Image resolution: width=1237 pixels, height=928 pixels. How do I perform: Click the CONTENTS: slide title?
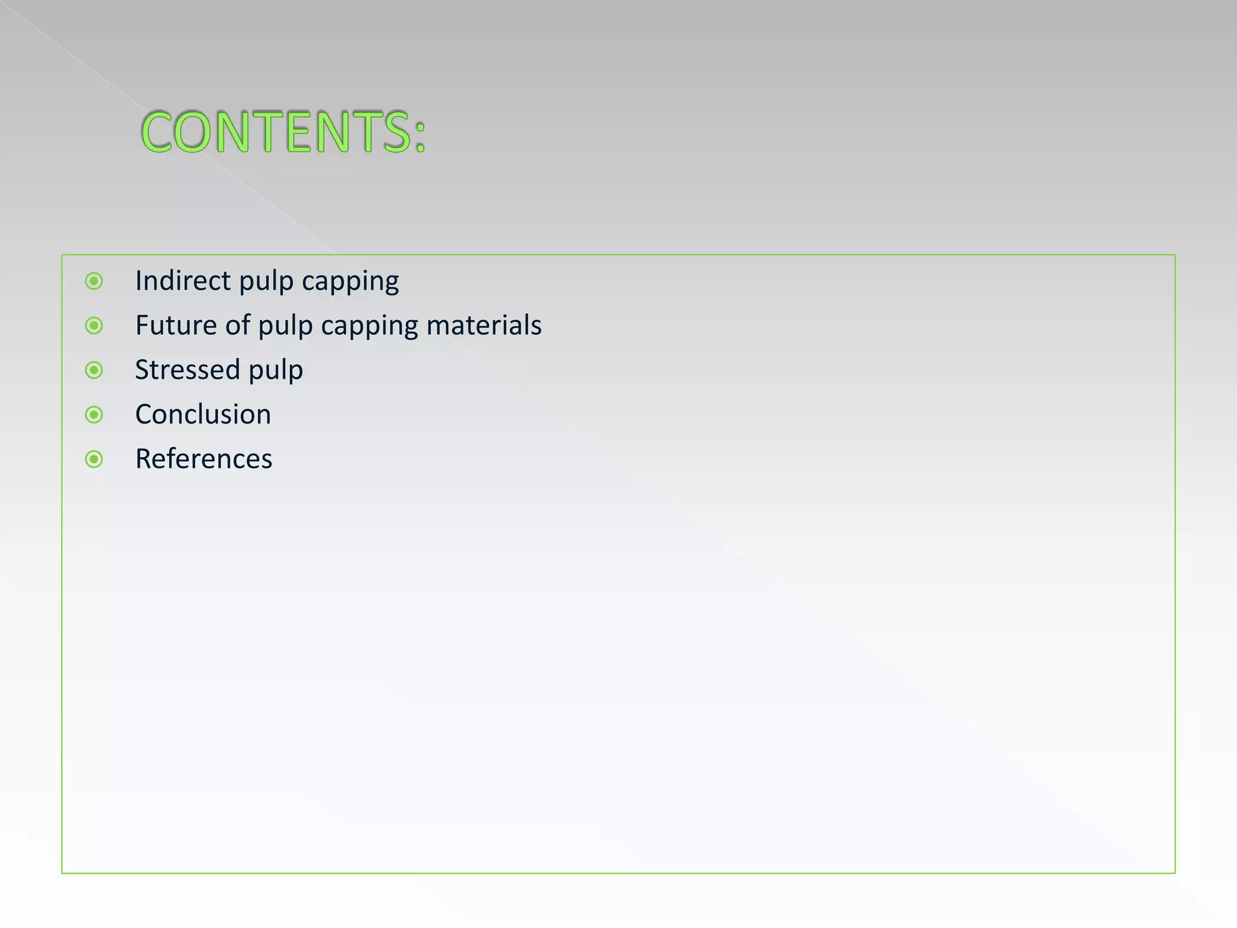point(283,132)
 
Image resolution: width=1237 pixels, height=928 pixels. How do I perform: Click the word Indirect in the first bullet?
point(183,281)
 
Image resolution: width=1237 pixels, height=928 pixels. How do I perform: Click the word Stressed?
point(187,370)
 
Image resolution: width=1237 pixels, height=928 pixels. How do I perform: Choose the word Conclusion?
point(203,414)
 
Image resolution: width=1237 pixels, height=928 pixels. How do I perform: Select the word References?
point(204,459)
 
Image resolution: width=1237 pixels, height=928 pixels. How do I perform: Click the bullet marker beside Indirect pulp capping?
point(94,281)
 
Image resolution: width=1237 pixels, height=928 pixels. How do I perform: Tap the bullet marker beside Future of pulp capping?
point(94,326)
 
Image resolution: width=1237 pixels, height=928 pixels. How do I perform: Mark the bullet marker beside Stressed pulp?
point(94,370)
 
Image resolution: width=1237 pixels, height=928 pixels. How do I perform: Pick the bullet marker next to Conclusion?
point(94,414)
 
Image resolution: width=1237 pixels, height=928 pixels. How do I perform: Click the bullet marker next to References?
point(94,459)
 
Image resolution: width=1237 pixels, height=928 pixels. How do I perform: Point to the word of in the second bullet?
point(238,326)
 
